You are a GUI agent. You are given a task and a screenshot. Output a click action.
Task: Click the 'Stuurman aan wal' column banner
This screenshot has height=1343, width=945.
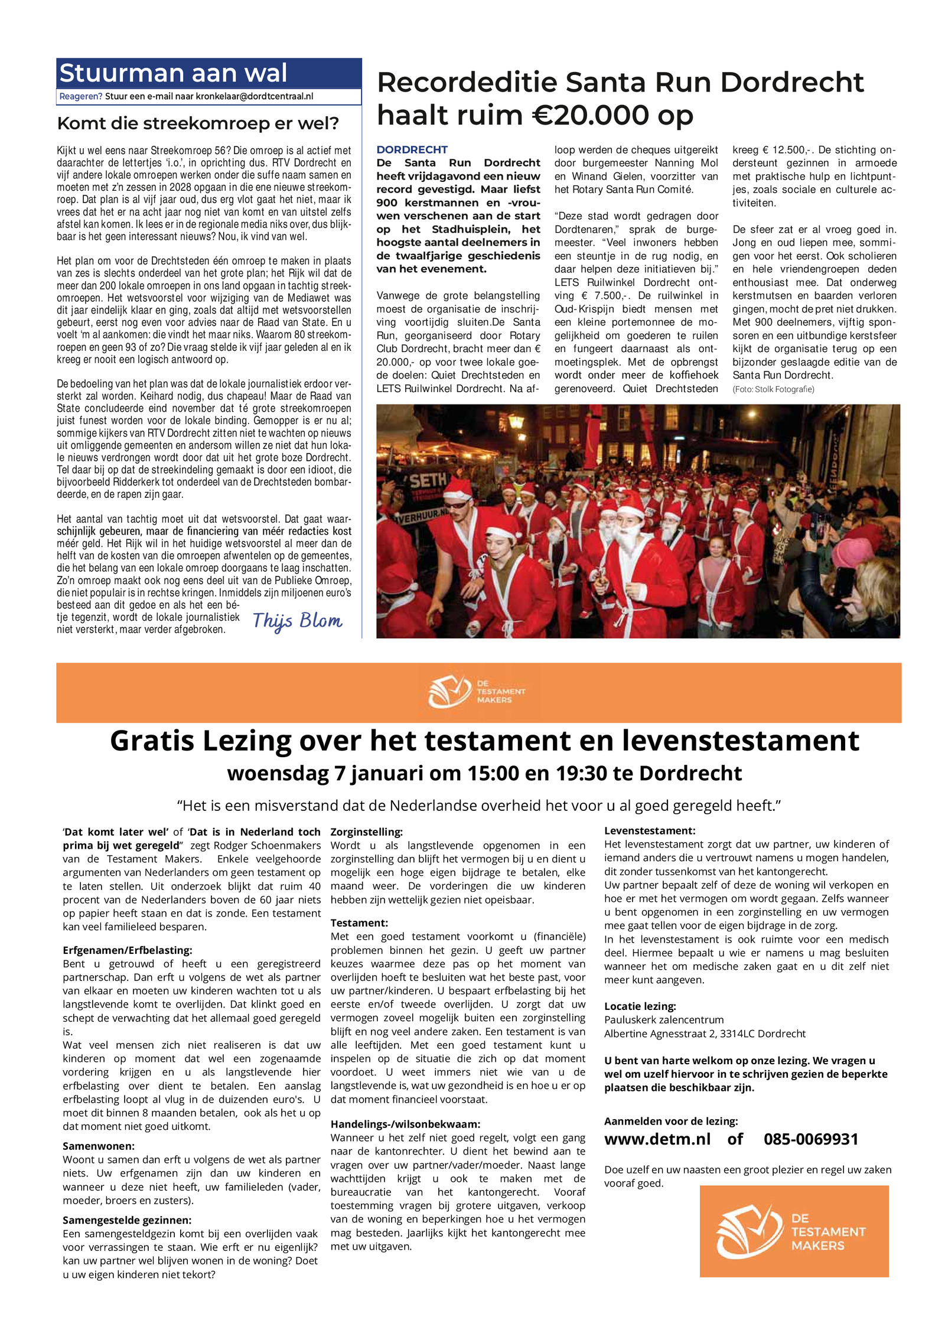coord(173,73)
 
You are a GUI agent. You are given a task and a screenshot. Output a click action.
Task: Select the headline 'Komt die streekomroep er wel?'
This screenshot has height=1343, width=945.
coord(198,123)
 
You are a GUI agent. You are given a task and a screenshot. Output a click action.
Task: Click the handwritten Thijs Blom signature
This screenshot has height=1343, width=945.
coord(297,621)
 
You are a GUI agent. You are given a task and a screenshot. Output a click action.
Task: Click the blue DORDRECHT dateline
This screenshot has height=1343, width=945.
coord(412,149)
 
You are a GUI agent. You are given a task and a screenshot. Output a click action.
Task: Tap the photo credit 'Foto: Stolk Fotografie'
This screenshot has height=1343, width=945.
coord(773,389)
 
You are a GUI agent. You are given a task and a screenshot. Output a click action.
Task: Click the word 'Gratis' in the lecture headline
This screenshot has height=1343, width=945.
coord(152,741)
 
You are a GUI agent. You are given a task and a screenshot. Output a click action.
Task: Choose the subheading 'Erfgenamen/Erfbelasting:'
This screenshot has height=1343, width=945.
coord(127,950)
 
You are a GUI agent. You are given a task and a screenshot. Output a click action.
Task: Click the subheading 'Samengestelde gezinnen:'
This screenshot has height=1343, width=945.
coord(127,1220)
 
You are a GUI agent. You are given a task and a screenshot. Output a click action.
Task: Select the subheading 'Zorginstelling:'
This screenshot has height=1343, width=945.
coord(366,832)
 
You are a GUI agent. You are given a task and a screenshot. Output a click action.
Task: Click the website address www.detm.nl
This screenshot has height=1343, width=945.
coord(657,1139)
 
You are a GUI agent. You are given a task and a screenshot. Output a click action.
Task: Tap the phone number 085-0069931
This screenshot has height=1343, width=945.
coord(810,1139)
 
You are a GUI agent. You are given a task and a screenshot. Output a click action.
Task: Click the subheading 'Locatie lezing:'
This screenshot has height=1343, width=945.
coord(640,1006)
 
